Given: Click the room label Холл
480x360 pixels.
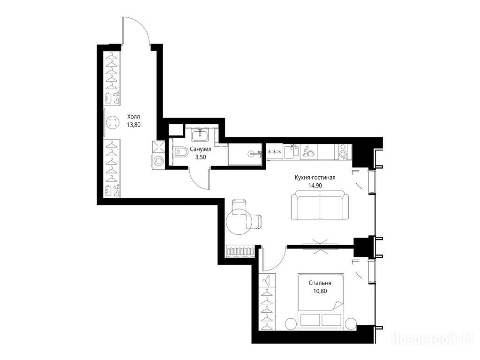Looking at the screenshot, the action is coord(134,117).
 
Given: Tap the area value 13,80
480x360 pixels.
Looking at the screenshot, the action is coord(134,125).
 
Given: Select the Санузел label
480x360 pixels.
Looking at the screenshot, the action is coord(201,150).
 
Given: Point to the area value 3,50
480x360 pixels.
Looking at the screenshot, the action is coord(201,157).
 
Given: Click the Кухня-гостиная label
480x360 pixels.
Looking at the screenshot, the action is coord(315,178).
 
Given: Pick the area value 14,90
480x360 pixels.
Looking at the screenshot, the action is coord(315,186).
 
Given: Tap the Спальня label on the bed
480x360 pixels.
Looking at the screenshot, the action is coord(320,283).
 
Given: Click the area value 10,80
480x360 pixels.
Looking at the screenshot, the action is coord(320,291).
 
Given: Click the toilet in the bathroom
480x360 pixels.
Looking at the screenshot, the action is coord(181,151).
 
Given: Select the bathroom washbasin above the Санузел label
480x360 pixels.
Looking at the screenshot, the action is coord(200,135).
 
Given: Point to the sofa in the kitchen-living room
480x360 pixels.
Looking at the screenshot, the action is coord(320,205).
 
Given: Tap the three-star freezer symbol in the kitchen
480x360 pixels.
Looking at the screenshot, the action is coord(274,152).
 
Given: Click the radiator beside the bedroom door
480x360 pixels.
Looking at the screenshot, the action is coord(240,251).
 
